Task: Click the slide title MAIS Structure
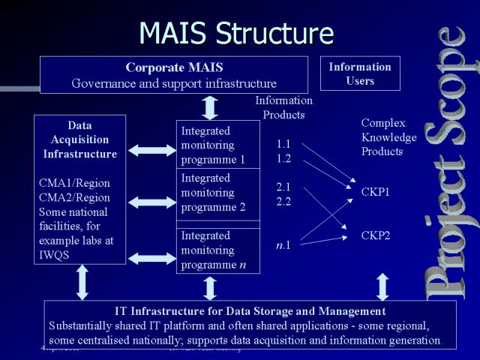[236, 32]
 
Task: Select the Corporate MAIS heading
[174, 67]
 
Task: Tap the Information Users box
[360, 73]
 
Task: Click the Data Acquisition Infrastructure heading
[79, 139]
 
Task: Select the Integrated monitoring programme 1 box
[217, 145]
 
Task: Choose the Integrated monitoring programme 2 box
[217, 193]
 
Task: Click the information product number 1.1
[283, 143]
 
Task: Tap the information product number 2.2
[283, 202]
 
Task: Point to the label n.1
[283, 244]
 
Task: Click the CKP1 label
[376, 192]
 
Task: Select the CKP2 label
[376, 235]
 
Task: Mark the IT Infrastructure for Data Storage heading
[250, 310]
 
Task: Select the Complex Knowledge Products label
[388, 137]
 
